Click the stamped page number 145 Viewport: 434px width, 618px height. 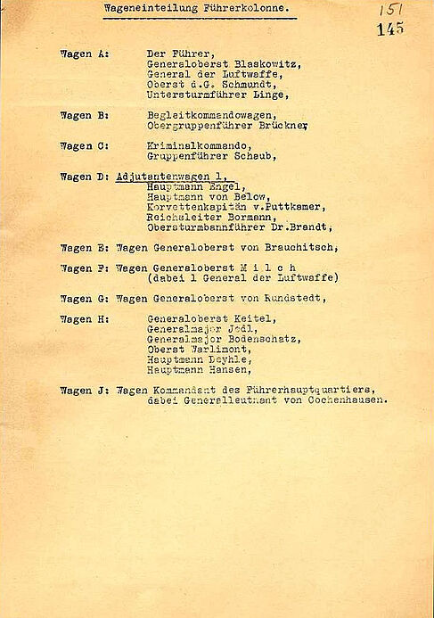coord(389,29)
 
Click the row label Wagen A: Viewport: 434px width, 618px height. coord(85,54)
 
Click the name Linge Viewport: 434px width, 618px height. coord(270,95)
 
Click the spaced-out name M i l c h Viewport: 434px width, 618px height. coord(267,268)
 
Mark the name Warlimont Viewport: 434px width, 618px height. coord(215,349)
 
